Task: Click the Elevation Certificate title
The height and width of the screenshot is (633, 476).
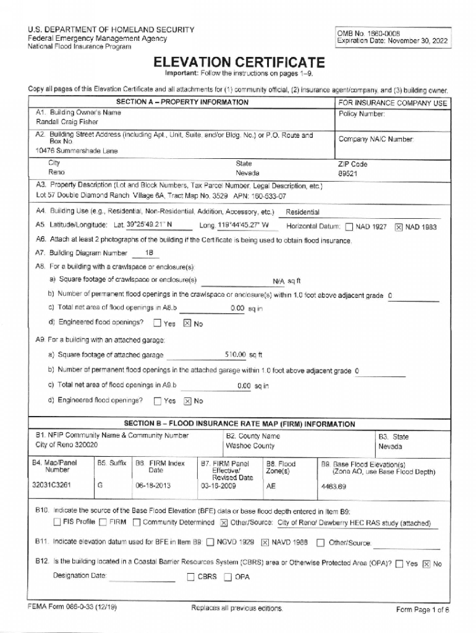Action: click(x=239, y=62)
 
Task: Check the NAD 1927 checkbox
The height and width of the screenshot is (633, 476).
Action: click(x=349, y=227)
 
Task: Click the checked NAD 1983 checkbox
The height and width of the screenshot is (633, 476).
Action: click(x=399, y=227)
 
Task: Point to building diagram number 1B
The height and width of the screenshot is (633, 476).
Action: click(x=149, y=253)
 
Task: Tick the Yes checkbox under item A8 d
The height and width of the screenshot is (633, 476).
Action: click(x=157, y=323)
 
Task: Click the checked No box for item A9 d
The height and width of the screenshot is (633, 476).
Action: click(x=187, y=401)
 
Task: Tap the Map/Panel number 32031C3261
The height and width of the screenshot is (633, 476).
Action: click(x=54, y=486)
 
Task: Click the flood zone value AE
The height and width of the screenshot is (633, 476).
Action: click(x=270, y=486)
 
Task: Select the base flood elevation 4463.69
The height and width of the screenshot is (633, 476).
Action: click(x=333, y=486)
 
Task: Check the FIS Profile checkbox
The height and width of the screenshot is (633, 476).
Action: click(x=57, y=522)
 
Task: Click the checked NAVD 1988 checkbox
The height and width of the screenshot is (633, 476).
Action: click(x=264, y=543)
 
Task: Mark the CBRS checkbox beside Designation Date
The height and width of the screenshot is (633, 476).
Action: click(x=191, y=577)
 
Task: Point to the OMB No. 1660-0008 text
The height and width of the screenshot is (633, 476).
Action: click(x=365, y=32)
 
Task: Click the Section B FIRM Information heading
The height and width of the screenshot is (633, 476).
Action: click(x=239, y=424)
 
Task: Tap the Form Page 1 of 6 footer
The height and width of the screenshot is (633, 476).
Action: click(x=422, y=610)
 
